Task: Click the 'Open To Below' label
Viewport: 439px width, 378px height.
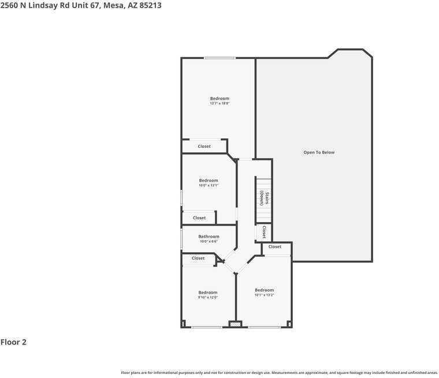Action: tap(319, 152)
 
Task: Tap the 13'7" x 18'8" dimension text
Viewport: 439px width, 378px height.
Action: tap(219, 103)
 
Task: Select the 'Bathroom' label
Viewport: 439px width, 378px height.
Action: tap(209, 236)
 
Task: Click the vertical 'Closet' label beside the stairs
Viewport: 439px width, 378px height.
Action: tap(264, 232)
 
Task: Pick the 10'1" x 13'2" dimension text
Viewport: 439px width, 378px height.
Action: tap(264, 295)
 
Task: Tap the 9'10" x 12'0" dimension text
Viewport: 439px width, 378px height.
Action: tap(207, 297)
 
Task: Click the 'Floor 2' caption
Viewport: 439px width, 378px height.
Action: tap(13, 342)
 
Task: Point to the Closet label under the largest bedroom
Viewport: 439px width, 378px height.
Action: tap(204, 147)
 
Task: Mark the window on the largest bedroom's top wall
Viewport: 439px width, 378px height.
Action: tap(219, 58)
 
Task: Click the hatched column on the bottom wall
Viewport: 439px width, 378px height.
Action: tap(235, 325)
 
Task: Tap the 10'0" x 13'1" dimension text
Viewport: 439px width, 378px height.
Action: tap(209, 185)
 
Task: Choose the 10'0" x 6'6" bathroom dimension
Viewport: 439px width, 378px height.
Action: tap(209, 241)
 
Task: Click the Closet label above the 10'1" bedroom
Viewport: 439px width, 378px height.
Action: tap(275, 246)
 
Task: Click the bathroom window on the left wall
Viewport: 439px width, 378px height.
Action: tap(181, 238)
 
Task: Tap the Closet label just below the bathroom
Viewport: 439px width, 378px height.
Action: tap(198, 259)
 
